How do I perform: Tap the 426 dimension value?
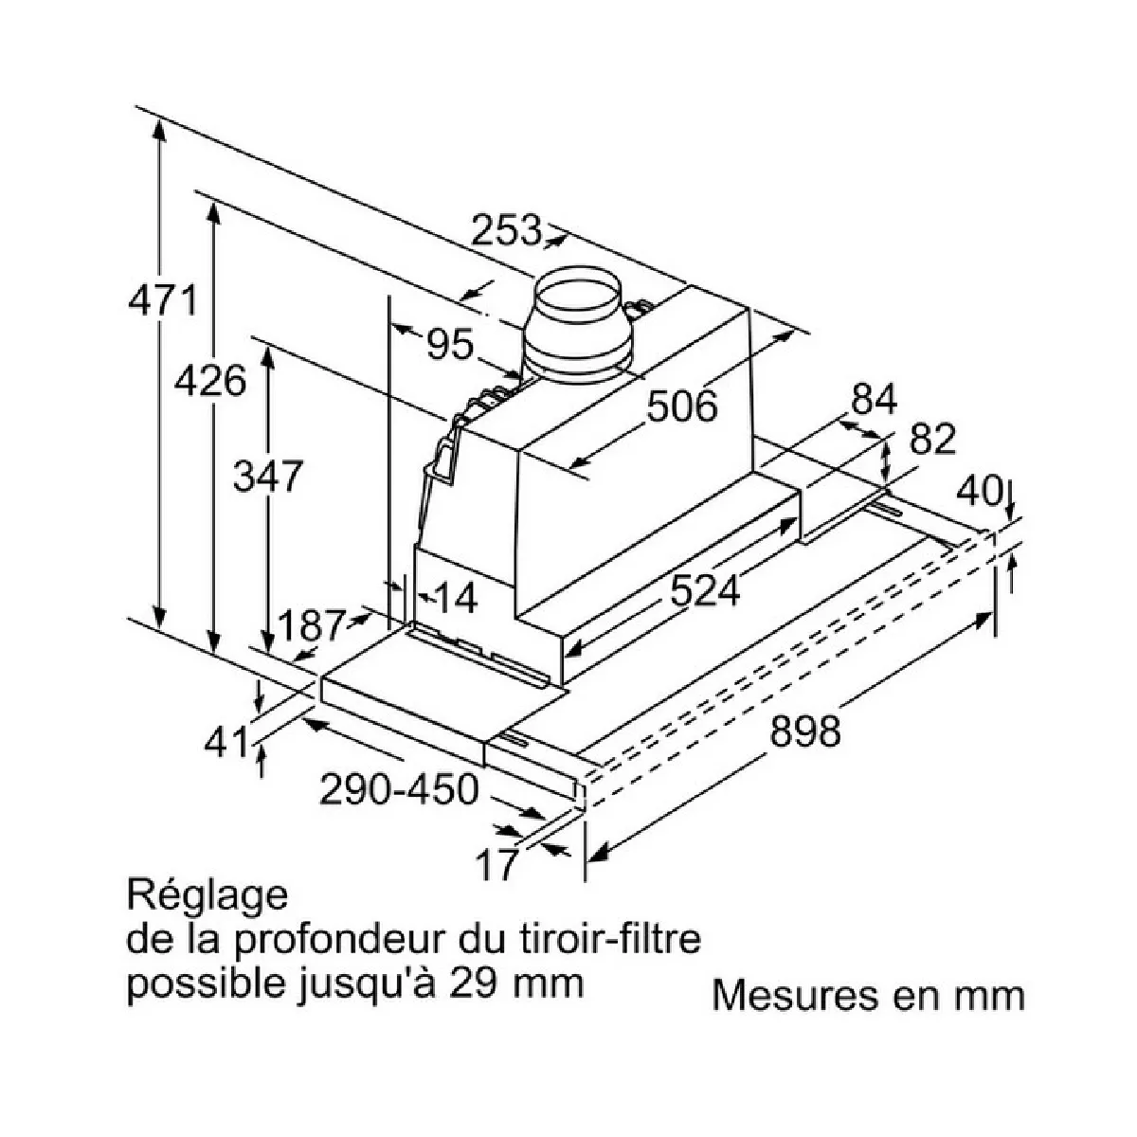coord(210,381)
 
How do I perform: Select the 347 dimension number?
coord(267,476)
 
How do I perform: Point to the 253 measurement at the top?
coord(506,230)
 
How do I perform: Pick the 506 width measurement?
coord(682,406)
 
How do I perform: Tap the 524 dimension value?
coord(704,591)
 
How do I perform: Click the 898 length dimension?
coord(804,731)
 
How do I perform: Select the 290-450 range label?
coord(398,788)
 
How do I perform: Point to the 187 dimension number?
coord(310,625)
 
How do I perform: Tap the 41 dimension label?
coord(227,742)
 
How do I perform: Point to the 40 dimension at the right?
coord(979,491)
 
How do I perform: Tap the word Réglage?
coord(207,895)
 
